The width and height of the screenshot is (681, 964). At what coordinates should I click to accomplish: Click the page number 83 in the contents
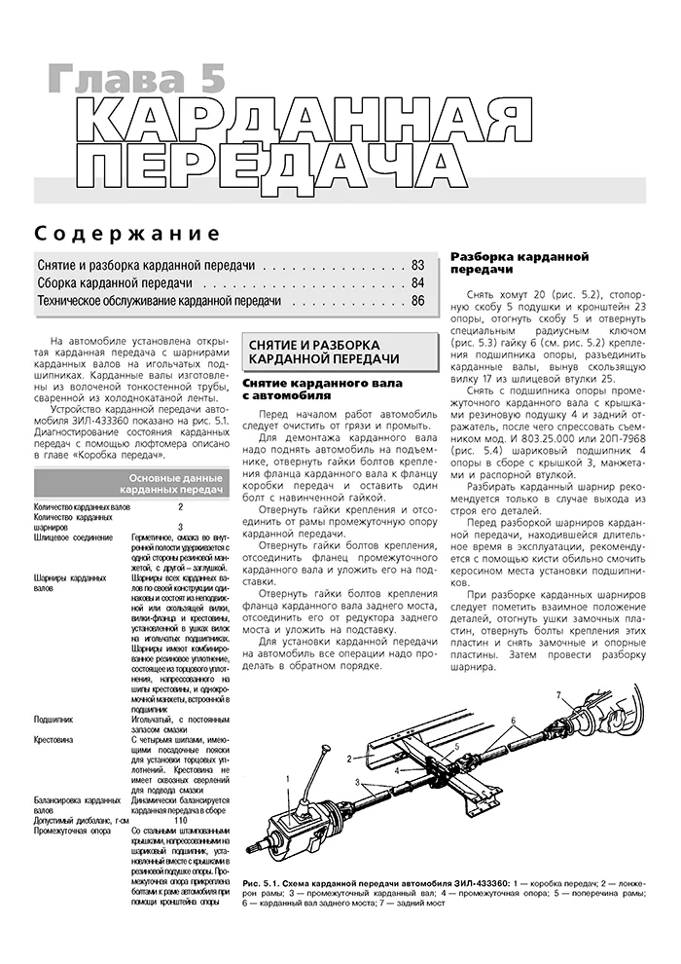[x=417, y=265]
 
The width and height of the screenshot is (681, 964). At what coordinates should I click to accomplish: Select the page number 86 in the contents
[x=417, y=302]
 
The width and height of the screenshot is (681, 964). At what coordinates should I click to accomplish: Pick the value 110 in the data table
[x=180, y=820]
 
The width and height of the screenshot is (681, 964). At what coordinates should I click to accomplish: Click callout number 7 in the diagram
[x=558, y=693]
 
